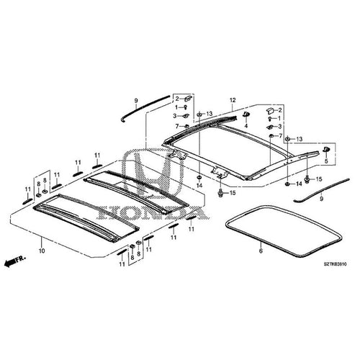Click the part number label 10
point(41,251)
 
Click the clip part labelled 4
point(247,113)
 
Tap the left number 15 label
point(231,194)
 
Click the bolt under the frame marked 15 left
point(218,193)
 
